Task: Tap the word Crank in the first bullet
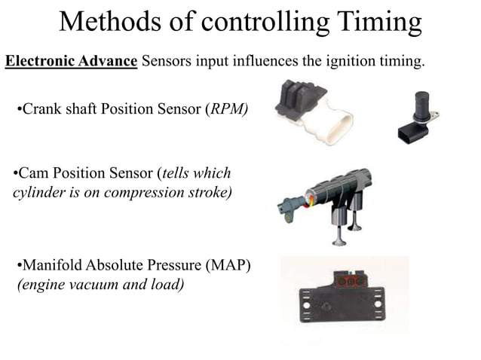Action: point(40,111)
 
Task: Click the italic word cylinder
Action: point(39,192)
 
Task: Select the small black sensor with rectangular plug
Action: point(417,117)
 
